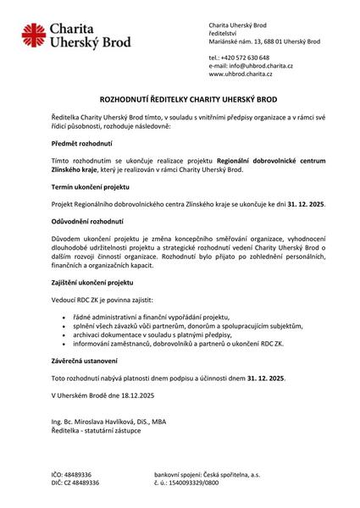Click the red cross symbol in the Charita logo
(x=36, y=36)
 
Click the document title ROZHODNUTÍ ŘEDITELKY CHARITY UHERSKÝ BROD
(x=179, y=99)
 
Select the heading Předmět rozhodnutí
(x=81, y=144)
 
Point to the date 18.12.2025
(x=124, y=395)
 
